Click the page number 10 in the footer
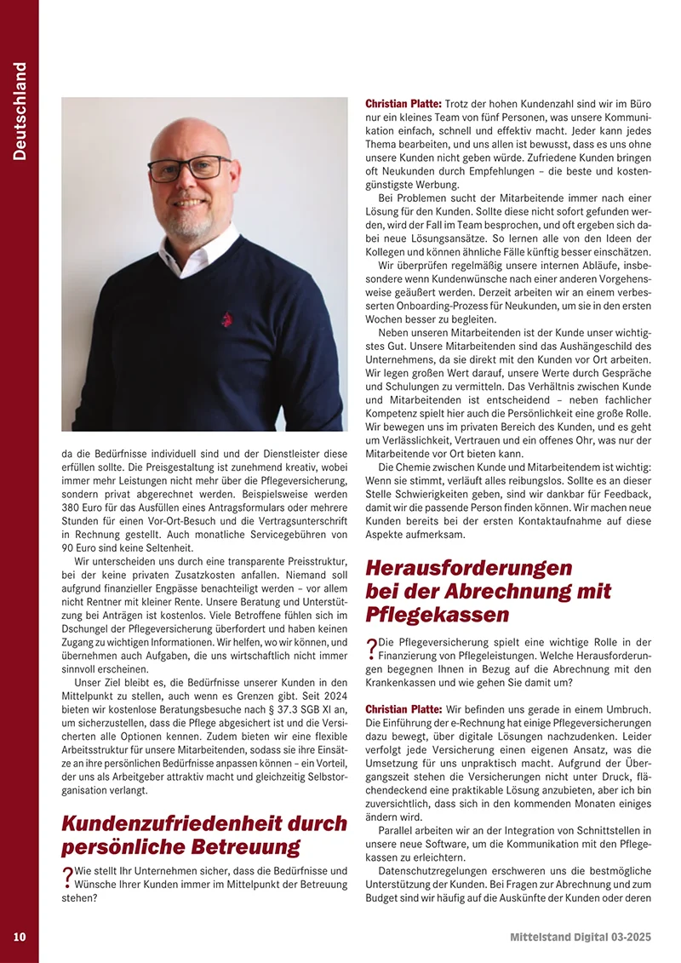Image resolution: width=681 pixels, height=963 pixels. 20,937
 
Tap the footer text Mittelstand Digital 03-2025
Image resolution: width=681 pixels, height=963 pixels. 581,937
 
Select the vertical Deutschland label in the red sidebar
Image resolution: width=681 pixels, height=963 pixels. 20,111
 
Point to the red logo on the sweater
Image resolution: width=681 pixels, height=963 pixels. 226,319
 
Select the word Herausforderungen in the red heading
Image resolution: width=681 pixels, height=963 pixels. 467,567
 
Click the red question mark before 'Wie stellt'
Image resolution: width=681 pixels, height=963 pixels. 67,877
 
